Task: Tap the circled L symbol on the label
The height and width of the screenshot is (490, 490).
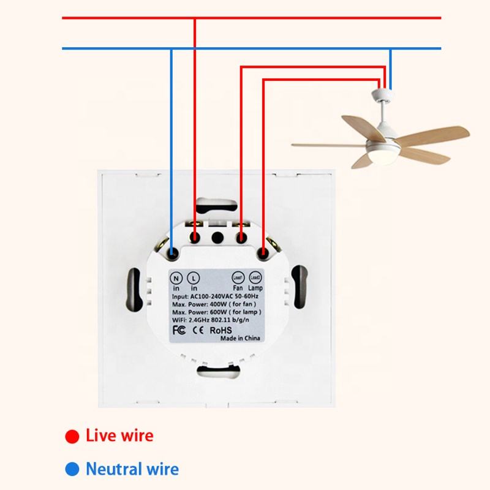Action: (x=194, y=276)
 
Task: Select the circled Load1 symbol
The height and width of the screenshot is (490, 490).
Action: (x=239, y=276)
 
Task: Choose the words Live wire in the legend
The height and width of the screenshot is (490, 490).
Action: (x=119, y=436)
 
